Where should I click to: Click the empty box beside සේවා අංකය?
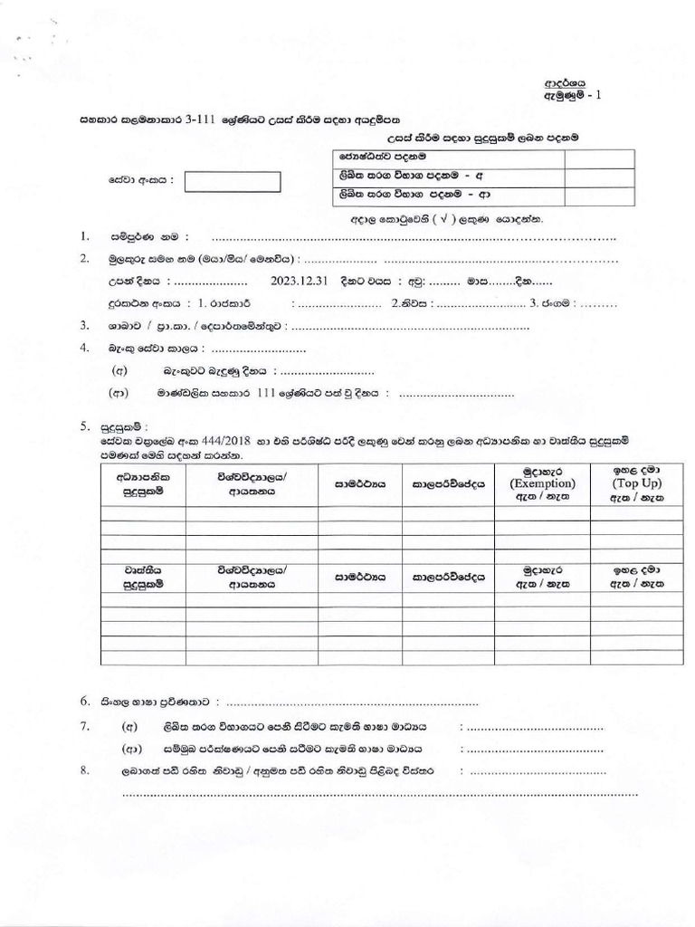tap(233, 182)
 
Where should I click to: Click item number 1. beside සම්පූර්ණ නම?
tap(84, 237)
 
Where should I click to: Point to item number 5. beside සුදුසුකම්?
tap(84, 425)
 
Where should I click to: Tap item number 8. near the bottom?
tap(84, 770)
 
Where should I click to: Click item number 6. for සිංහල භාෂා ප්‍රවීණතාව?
tap(84, 702)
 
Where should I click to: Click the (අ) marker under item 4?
tap(119, 371)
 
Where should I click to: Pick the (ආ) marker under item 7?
tap(130, 749)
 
